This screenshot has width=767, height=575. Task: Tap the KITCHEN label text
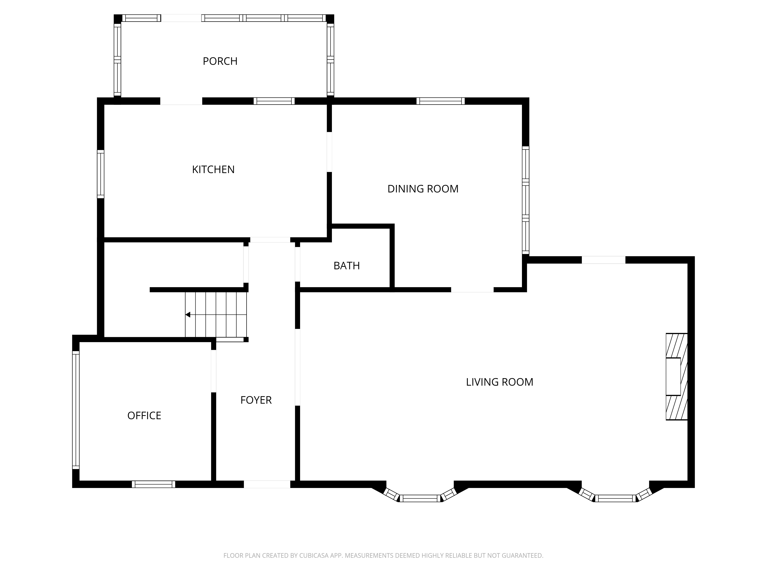(213, 169)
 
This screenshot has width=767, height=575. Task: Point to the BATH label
(346, 266)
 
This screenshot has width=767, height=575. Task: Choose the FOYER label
(256, 400)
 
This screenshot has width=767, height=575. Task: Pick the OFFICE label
(144, 416)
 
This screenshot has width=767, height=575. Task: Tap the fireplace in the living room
(676, 377)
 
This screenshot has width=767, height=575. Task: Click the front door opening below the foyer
(267, 484)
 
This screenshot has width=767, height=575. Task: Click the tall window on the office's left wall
(76, 410)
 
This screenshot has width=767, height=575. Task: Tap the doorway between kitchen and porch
(181, 101)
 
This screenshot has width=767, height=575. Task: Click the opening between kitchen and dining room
(329, 152)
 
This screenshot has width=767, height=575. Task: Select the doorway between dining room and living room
(472, 290)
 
